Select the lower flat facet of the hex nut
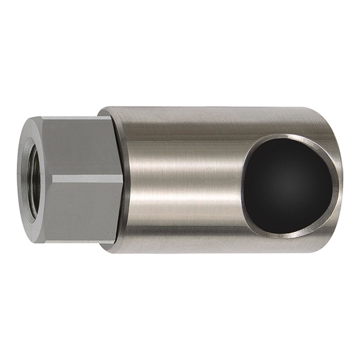pyautogui.click(x=81, y=209)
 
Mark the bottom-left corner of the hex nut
pyautogui.click(x=42, y=241)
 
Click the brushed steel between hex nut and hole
pyautogui.click(x=181, y=181)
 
